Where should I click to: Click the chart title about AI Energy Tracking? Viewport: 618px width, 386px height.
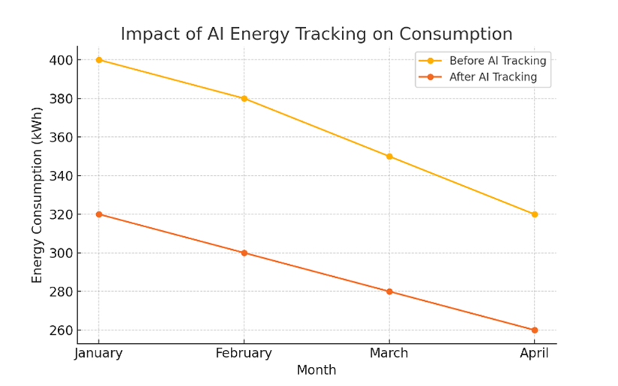tap(317, 34)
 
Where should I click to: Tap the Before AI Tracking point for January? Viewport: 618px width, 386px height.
tap(98, 60)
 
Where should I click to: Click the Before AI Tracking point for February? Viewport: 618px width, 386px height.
tap(244, 99)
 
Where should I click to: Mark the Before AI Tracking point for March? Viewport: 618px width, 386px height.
tap(389, 157)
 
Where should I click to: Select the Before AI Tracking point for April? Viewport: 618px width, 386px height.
tap(535, 214)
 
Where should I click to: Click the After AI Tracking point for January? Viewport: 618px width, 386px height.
tap(98, 214)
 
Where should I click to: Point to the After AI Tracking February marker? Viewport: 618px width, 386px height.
tap(244, 253)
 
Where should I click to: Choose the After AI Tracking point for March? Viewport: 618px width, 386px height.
tap(389, 291)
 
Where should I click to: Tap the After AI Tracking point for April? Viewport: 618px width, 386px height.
tap(535, 330)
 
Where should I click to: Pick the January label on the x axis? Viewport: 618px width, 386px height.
tap(98, 353)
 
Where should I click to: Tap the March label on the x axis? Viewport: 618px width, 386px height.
tap(389, 353)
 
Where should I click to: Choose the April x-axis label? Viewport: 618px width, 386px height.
tap(535, 353)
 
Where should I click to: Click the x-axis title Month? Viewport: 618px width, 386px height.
tap(317, 370)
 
